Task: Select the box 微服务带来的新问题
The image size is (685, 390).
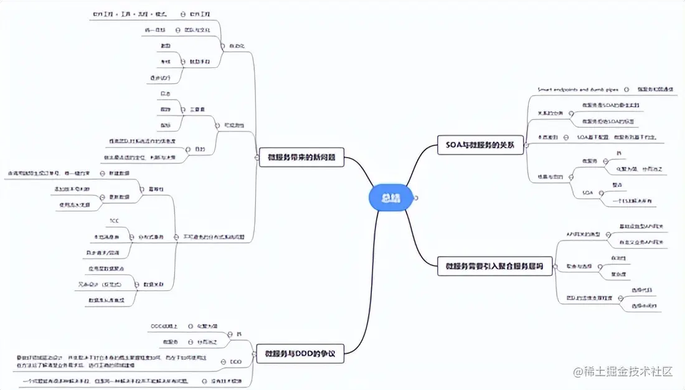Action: pyautogui.click(x=301, y=157)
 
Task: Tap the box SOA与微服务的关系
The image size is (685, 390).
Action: pyautogui.click(x=480, y=145)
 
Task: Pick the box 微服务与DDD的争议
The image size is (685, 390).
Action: pyautogui.click(x=301, y=354)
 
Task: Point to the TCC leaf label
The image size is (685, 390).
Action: pyautogui.click(x=114, y=221)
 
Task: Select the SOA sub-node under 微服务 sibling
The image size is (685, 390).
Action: pyautogui.click(x=587, y=193)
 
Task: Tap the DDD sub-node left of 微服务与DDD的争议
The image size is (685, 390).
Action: pyautogui.click(x=235, y=361)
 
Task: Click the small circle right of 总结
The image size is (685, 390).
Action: pyautogui.click(x=415, y=198)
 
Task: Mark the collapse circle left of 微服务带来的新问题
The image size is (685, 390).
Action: pyautogui.click(x=257, y=157)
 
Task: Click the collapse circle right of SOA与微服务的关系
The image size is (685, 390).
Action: pyautogui.click(x=527, y=145)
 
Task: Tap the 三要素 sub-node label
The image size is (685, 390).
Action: pyautogui.click(x=198, y=108)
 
